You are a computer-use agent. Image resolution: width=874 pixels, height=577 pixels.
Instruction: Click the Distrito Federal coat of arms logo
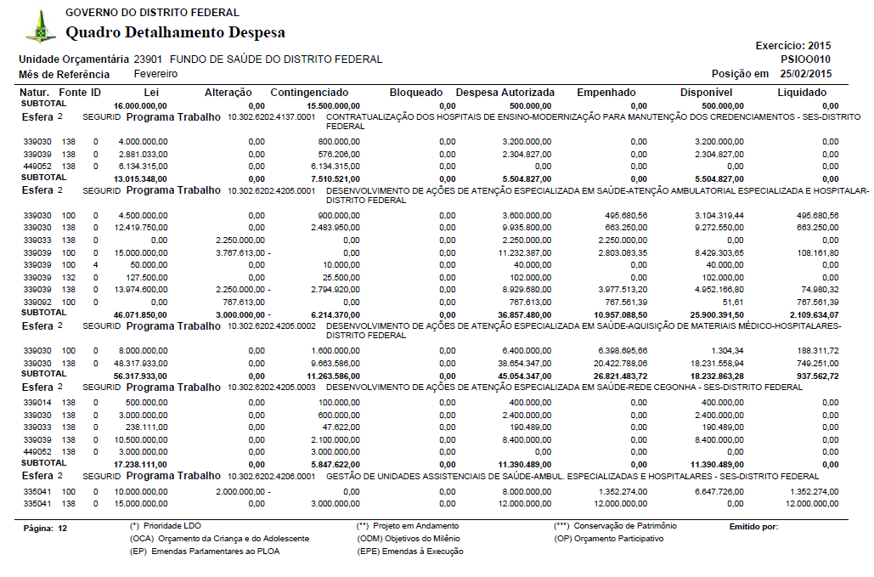coord(40,27)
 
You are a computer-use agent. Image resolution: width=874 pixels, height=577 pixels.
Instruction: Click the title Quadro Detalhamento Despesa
coord(176,32)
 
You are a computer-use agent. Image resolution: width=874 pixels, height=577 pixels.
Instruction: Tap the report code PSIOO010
coord(805,59)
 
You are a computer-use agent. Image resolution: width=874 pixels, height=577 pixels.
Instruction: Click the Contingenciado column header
coord(309,92)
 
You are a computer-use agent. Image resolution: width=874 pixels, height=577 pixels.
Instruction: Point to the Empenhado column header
coord(606,92)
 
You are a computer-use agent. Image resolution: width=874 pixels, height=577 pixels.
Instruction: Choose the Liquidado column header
coord(802,92)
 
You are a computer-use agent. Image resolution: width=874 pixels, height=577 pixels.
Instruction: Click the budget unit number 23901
coord(149,59)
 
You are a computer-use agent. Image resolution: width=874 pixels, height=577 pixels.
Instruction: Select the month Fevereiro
coord(155,74)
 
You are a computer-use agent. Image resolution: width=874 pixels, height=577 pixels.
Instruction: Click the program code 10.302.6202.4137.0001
coord(272,116)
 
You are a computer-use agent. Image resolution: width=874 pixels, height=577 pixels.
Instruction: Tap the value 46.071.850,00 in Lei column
coord(140,314)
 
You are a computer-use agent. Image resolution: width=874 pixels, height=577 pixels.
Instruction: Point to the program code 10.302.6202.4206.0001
coord(272,477)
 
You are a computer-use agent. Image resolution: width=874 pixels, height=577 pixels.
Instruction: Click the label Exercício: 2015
coord(792,45)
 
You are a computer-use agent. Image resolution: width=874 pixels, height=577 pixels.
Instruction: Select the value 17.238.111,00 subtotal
coord(140,465)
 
